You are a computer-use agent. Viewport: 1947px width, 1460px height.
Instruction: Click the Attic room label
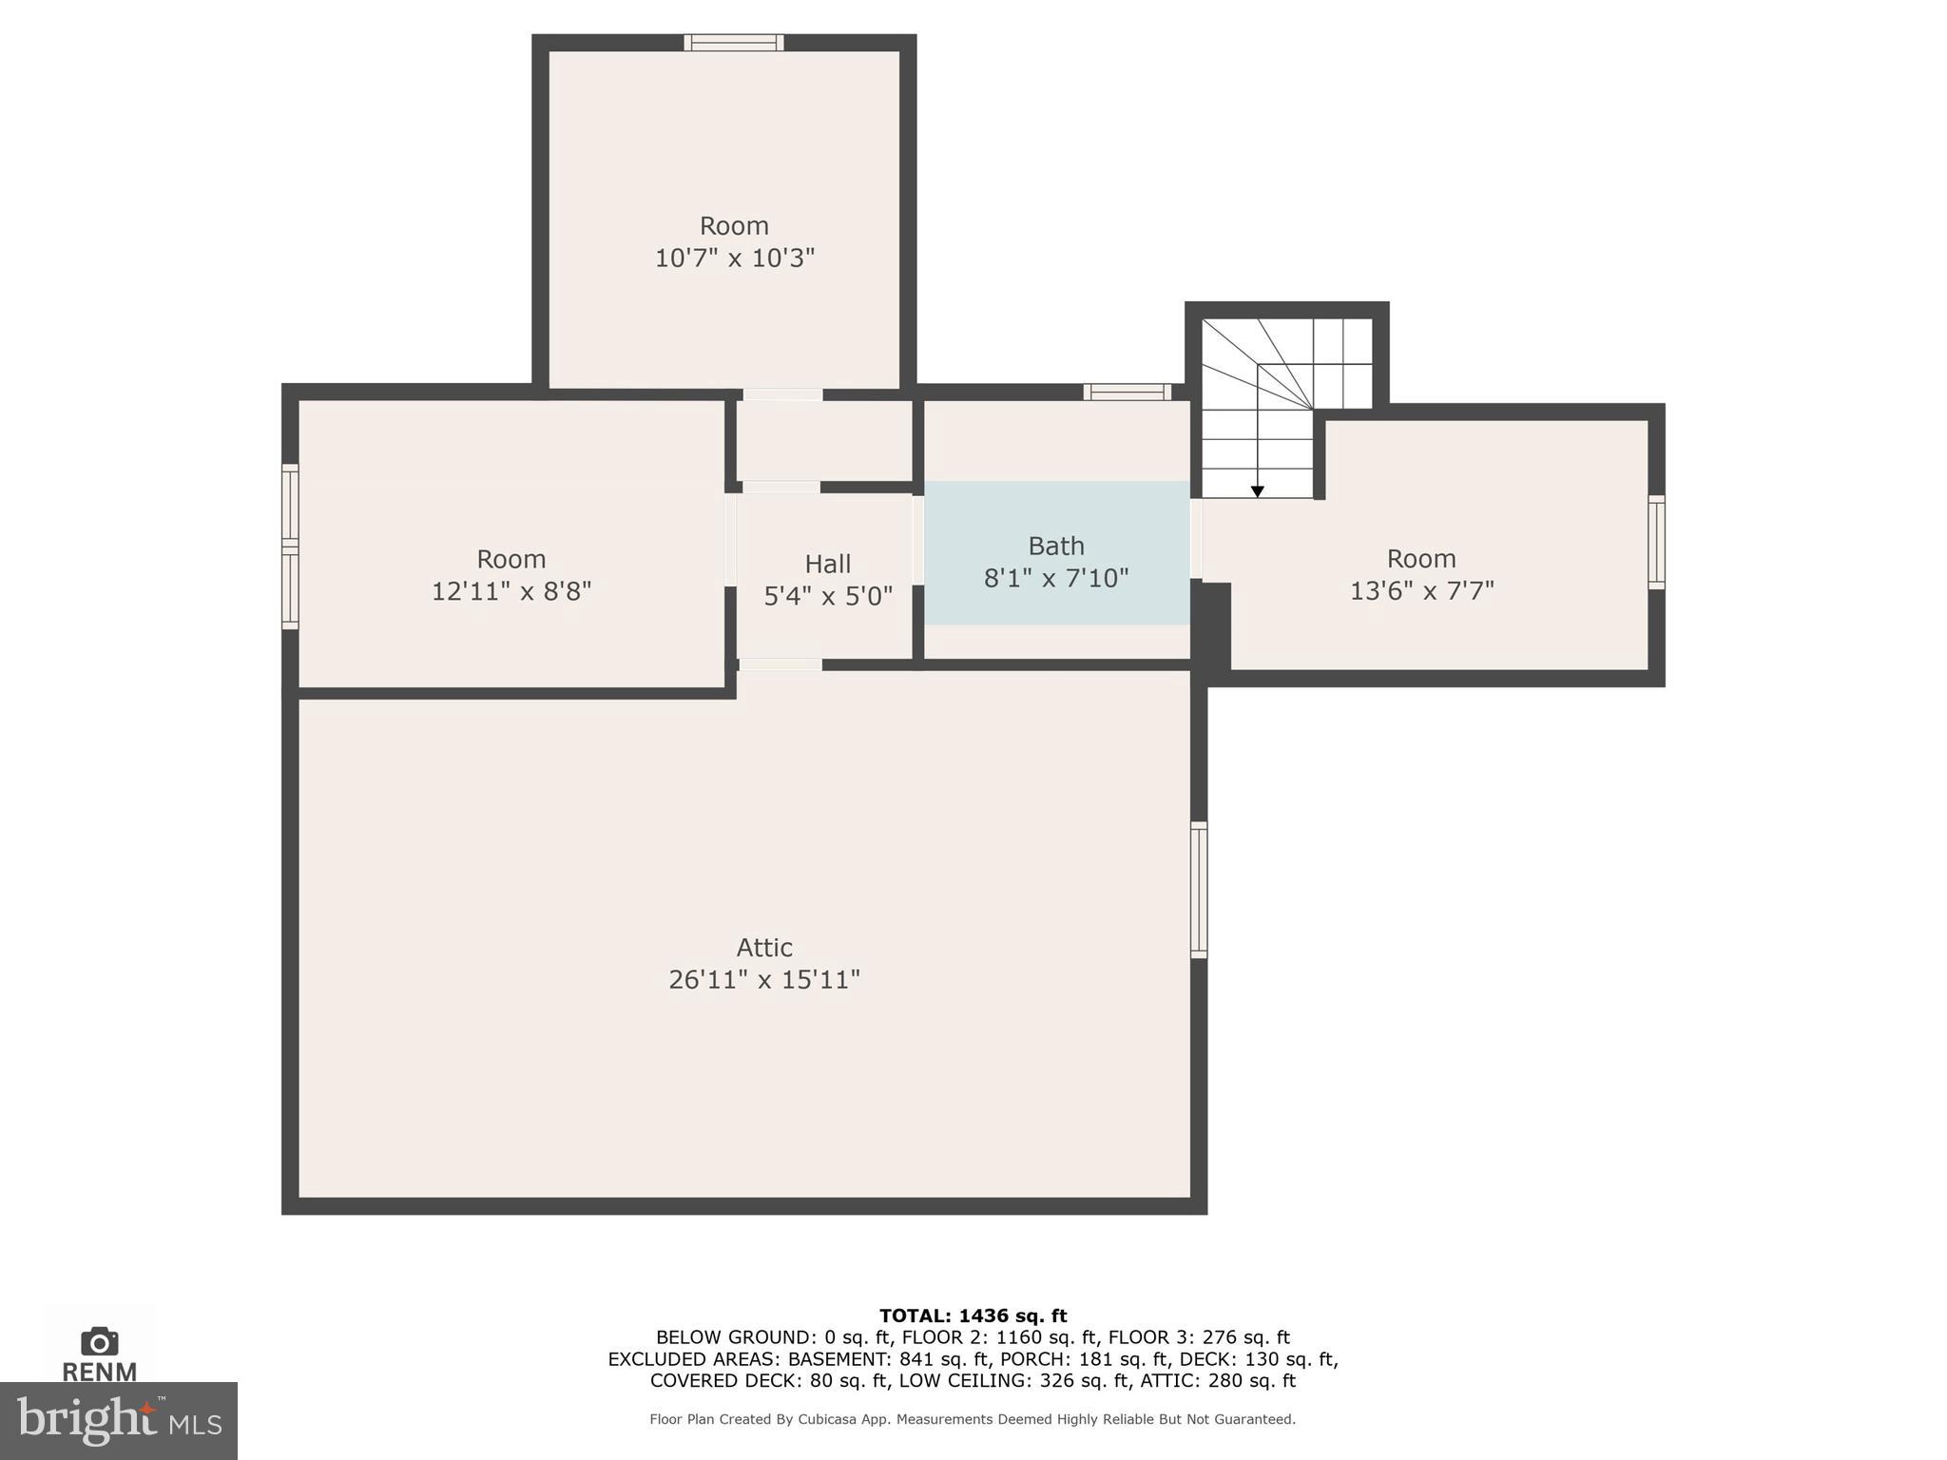(764, 948)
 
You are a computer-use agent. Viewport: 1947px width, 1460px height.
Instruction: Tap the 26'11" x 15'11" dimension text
(764, 980)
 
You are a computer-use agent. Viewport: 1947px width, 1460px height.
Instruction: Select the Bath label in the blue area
(1055, 547)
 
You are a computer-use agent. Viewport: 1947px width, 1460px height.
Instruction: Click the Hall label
(827, 565)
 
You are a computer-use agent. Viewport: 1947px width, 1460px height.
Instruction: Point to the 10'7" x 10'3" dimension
(734, 259)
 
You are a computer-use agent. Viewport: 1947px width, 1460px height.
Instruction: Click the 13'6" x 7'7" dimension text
(1421, 591)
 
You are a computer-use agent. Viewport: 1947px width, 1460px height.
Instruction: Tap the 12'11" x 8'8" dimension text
(511, 591)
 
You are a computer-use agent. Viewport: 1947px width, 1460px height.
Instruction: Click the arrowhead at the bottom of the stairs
(1257, 491)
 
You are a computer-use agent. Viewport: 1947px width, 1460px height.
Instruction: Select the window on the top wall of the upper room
(734, 43)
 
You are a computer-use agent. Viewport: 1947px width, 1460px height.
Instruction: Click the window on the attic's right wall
(1199, 890)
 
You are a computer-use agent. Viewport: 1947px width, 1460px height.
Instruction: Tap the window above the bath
(1127, 392)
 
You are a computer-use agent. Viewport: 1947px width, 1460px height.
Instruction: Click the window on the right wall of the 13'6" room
(1656, 542)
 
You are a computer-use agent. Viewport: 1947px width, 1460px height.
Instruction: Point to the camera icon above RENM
(100, 1342)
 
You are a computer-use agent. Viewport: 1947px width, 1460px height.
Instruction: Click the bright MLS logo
(119, 1421)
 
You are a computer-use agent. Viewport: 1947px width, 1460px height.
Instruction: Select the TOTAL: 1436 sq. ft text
(973, 1316)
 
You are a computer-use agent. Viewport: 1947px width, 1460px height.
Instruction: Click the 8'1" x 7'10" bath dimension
(1055, 579)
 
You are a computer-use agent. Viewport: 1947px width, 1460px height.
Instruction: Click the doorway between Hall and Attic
(780, 664)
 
